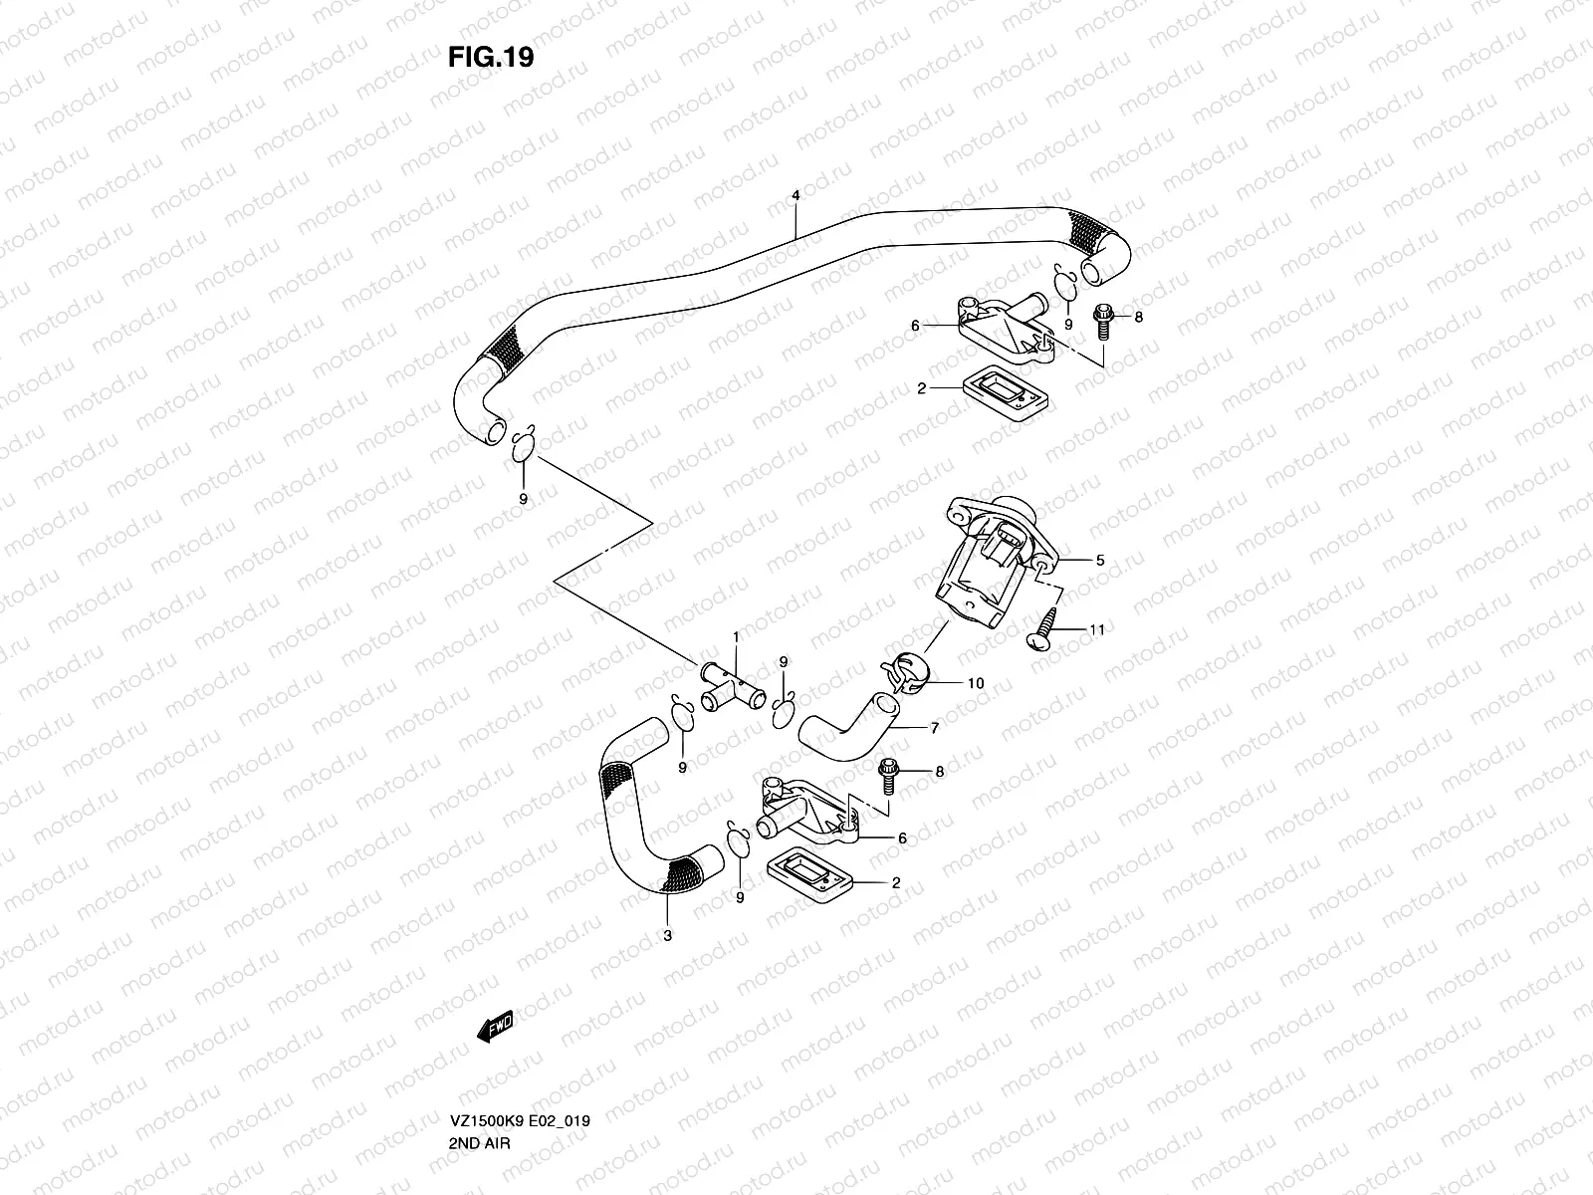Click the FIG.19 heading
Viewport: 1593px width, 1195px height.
click(491, 58)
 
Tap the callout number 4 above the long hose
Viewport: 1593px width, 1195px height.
click(796, 195)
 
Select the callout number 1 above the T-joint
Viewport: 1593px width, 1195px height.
click(737, 635)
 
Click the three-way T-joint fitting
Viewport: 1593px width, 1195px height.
click(727, 685)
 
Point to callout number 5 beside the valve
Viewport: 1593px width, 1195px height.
click(1100, 561)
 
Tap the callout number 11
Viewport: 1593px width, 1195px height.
click(1097, 629)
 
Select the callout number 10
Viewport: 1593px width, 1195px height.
click(976, 683)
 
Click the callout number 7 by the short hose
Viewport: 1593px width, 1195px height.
click(935, 728)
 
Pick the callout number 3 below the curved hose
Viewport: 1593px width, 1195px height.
click(667, 935)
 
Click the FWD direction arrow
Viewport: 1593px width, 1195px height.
click(495, 1025)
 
